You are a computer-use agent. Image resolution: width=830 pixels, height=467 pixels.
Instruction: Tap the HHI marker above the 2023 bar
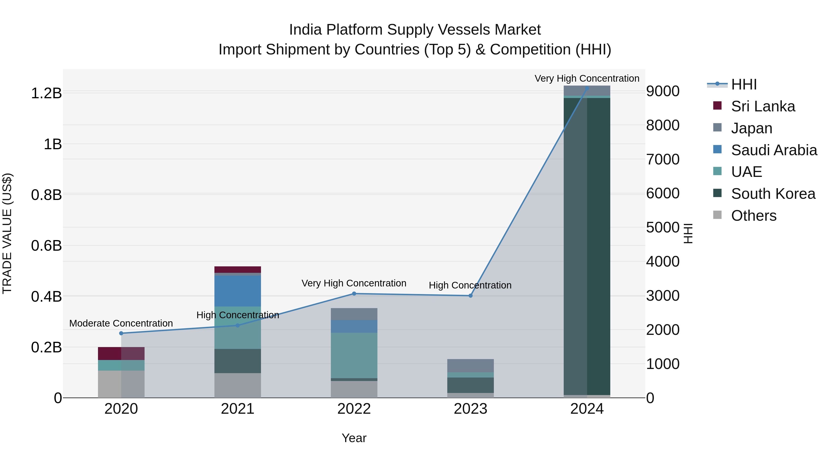470,296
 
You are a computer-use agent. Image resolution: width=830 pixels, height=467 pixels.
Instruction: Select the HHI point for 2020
121,333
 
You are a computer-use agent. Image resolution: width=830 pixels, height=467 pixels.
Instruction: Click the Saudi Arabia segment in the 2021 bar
237,291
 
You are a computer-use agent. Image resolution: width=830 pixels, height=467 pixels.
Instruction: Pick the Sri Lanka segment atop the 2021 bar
237,269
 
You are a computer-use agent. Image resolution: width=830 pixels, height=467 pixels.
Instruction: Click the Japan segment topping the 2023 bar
470,366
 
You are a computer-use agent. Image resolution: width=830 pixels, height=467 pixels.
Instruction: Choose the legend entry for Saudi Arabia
774,150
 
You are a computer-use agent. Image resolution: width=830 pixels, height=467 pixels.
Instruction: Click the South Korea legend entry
773,194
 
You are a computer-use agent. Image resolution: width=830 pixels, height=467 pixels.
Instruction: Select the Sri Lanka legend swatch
717,106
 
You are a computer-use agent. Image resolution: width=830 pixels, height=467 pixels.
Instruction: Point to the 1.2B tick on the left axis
46,93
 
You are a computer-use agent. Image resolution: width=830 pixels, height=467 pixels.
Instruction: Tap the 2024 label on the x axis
587,409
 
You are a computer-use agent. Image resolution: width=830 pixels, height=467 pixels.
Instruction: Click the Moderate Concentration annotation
121,323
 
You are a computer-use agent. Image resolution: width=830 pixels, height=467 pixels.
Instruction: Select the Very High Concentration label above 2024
587,78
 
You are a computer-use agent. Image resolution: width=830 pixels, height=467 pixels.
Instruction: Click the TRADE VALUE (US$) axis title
7,233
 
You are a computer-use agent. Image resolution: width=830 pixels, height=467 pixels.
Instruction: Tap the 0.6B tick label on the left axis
46,246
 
